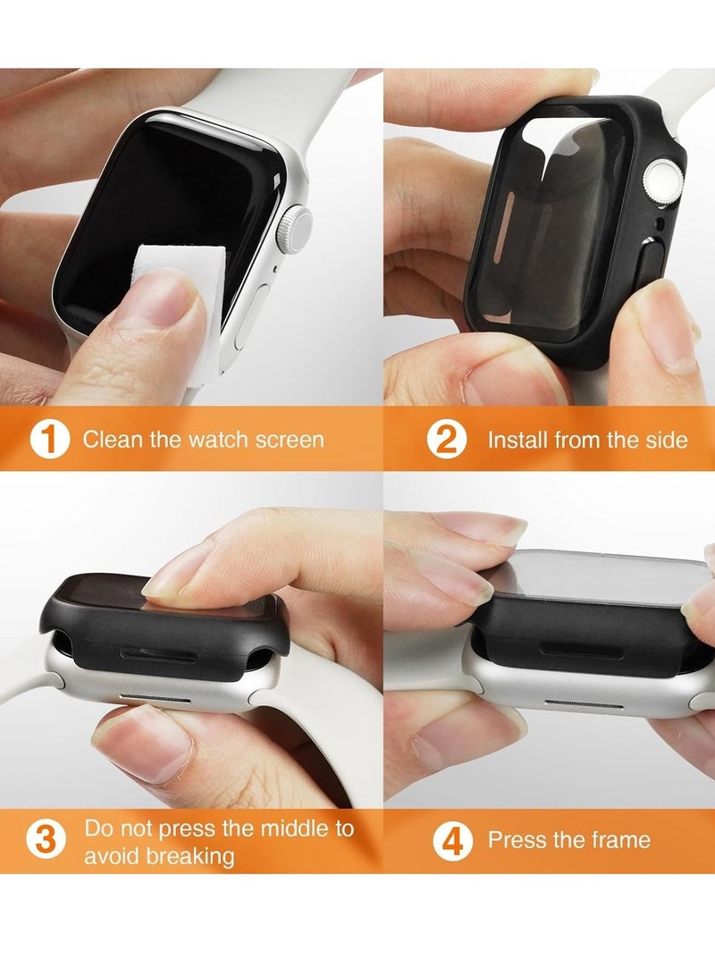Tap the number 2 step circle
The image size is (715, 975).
click(x=447, y=440)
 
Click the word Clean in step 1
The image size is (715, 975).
click(x=109, y=440)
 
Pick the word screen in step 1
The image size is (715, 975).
click(x=290, y=440)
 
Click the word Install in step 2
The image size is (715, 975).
click(x=517, y=440)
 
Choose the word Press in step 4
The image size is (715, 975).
click(x=513, y=840)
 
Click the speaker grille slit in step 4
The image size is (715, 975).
click(x=582, y=703)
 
